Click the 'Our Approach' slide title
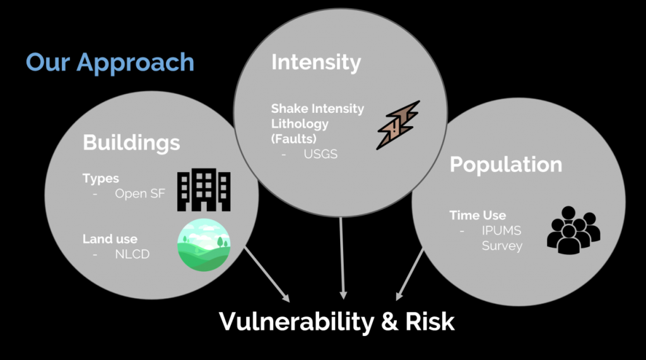click(x=110, y=62)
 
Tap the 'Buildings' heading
click(x=131, y=142)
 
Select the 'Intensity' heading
click(x=315, y=62)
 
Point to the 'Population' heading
click(x=505, y=165)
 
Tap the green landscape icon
click(x=204, y=245)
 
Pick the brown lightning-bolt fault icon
click(x=397, y=125)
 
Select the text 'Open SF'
click(x=140, y=194)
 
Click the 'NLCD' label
click(x=132, y=255)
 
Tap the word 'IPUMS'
click(x=502, y=231)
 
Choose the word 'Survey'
click(x=502, y=246)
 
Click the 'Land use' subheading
click(x=110, y=239)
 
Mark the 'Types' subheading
click(x=100, y=178)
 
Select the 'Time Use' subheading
click(x=478, y=215)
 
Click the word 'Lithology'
click(x=300, y=124)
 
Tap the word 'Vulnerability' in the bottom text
click(x=296, y=322)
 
